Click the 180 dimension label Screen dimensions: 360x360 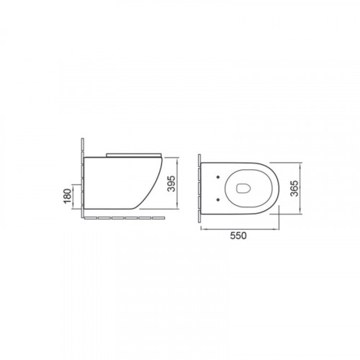68,196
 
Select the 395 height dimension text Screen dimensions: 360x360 171,184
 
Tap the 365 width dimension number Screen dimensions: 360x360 294,189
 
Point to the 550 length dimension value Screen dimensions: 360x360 238,235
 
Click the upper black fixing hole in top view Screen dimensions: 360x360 218,177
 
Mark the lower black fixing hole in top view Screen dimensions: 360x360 218,199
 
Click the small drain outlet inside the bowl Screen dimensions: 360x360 243,188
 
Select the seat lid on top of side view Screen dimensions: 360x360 134,155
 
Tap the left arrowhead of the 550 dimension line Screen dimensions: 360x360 202,229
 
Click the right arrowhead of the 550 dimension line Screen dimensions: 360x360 277,229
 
